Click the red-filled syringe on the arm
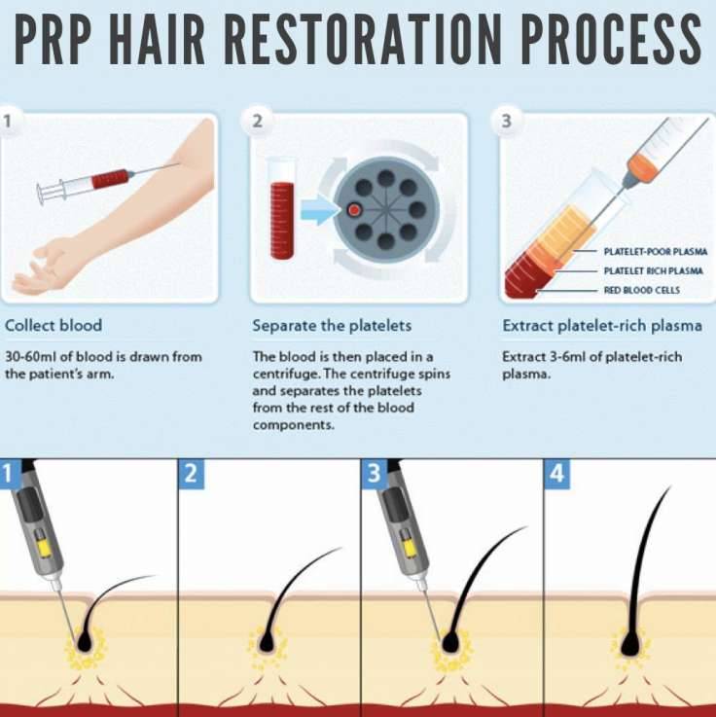coord(107,180)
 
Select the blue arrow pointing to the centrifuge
coord(315,209)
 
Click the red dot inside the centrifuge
coord(354,209)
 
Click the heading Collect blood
coord(54,325)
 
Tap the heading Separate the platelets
coord(332,325)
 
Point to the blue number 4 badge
coord(556,475)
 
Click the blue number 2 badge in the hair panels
coord(191,475)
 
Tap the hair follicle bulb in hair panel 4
coord(630,643)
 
